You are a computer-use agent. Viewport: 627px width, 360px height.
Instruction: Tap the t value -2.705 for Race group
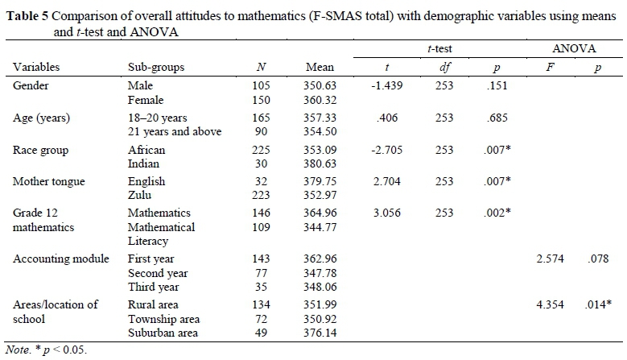388,150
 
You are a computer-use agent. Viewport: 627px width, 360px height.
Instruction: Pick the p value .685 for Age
499,118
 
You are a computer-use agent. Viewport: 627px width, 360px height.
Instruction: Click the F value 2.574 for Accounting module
552,259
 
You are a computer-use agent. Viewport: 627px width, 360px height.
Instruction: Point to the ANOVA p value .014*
597,304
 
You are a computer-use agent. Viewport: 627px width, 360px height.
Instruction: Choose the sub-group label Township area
163,320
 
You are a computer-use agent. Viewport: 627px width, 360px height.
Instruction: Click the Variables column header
37,68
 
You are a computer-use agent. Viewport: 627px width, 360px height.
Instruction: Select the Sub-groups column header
156,68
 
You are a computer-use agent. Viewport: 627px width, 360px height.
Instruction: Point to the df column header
445,68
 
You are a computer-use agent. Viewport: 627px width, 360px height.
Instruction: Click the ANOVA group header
572,50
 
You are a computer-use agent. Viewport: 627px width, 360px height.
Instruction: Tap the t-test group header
439,50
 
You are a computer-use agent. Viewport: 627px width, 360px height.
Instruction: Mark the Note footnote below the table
45,351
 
